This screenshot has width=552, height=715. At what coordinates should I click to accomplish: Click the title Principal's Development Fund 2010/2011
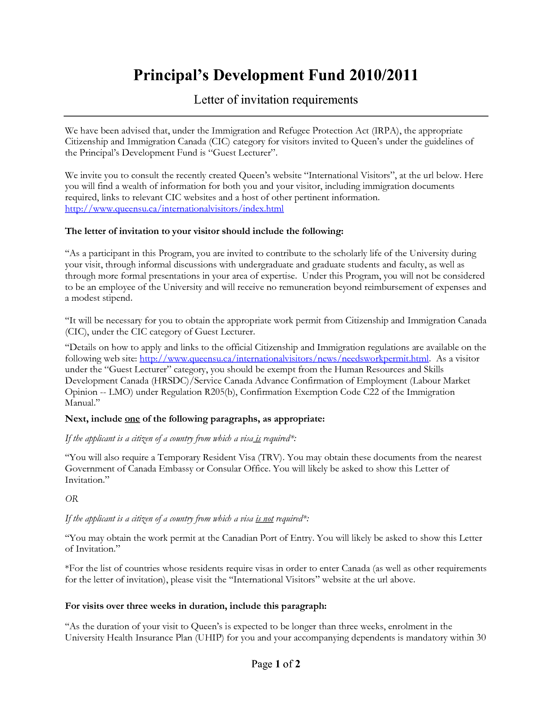[275, 75]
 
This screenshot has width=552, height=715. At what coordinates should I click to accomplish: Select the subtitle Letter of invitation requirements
[275, 100]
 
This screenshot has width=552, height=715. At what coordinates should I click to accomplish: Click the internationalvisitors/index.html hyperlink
[174, 208]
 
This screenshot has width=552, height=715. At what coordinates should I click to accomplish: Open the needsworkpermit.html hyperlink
[284, 358]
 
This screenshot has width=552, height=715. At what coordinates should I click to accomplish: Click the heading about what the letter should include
[204, 231]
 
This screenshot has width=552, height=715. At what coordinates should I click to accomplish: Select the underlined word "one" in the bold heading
[132, 419]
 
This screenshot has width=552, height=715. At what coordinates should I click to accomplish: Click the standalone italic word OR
[71, 499]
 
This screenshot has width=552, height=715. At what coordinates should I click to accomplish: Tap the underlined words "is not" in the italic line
[265, 519]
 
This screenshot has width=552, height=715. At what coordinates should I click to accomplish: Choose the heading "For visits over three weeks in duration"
[195, 606]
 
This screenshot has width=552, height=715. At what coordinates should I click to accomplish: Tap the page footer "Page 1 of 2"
[276, 664]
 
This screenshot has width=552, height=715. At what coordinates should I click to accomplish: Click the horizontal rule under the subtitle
[276, 116]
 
